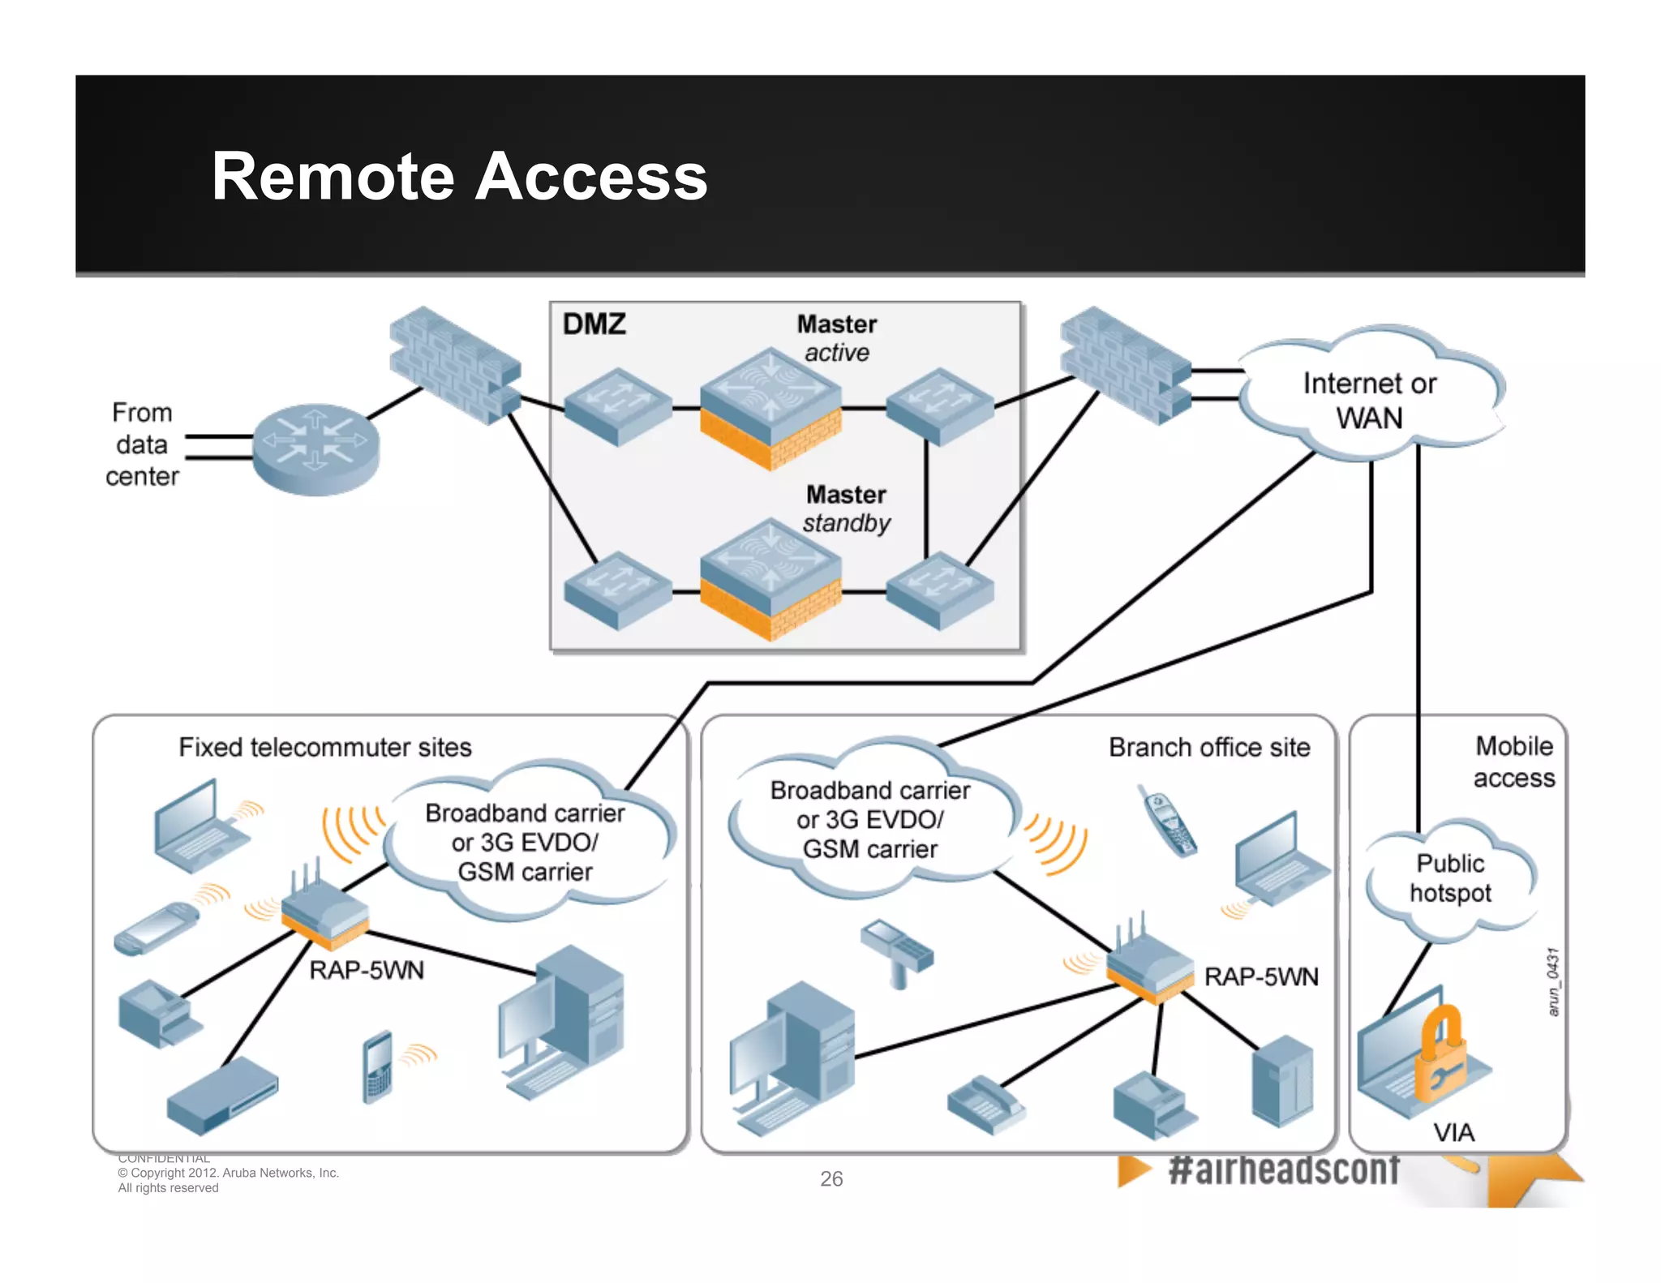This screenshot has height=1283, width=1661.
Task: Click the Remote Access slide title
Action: click(459, 177)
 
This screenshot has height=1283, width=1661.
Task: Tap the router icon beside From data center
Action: click(315, 448)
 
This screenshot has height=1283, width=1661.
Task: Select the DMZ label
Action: click(594, 324)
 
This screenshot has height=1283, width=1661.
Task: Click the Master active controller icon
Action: click(770, 405)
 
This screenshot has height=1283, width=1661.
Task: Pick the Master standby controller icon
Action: click(770, 577)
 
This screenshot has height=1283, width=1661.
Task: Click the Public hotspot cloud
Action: click(1450, 878)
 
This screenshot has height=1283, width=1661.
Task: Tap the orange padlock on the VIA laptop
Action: click(1440, 1054)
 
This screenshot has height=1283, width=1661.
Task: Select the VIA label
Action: click(1453, 1132)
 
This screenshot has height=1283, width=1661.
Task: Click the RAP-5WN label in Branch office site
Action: click(1261, 976)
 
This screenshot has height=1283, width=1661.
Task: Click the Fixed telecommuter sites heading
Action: click(325, 747)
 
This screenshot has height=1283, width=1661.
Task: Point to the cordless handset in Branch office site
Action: click(1167, 821)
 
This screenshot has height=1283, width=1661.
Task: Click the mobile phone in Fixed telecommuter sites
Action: click(378, 1066)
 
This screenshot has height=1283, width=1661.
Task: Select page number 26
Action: click(831, 1178)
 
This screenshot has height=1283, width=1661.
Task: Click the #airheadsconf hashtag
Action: click(1284, 1169)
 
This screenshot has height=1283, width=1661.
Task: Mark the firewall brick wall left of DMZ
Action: click(454, 365)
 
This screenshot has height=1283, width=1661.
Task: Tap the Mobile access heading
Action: click(1513, 762)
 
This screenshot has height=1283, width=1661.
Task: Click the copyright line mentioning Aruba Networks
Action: click(229, 1173)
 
